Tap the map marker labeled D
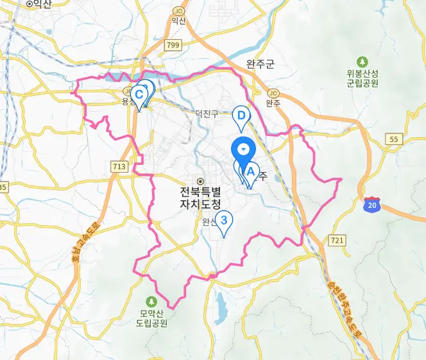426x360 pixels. coord(241,116)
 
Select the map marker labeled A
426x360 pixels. coord(250,173)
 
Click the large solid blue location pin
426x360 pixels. coord(243,151)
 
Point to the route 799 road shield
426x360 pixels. coord(173,45)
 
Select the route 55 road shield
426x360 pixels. coord(394,139)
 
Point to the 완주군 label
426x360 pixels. coord(260,64)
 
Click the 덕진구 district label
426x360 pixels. coord(207,114)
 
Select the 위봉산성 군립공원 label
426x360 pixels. coord(363,78)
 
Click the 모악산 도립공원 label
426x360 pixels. coord(153,319)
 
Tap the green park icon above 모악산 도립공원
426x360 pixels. coord(152,302)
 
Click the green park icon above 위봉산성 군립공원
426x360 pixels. coord(363,62)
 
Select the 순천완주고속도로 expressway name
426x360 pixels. coord(341,302)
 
